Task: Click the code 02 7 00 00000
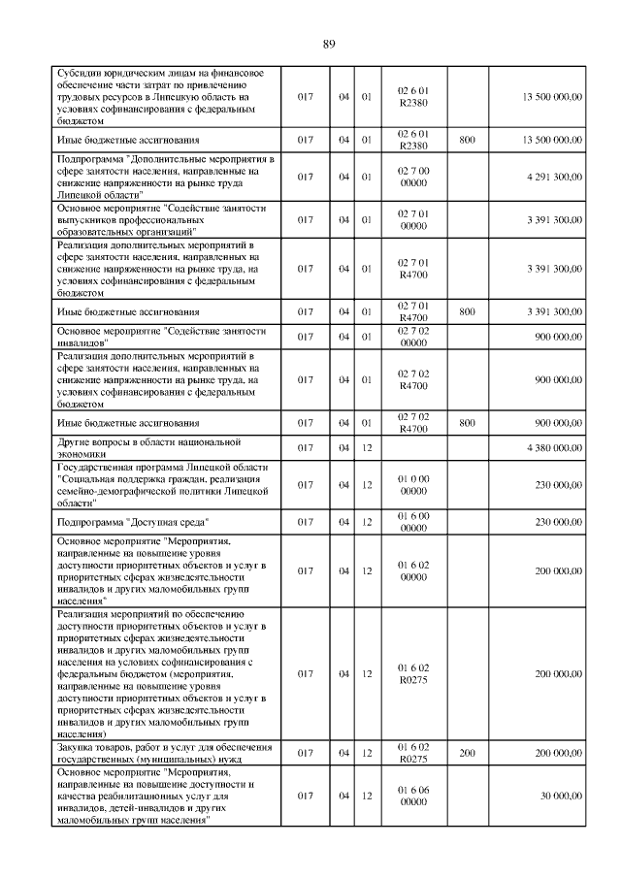pos(413,177)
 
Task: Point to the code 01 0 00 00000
pos(413,484)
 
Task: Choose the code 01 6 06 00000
pos(413,796)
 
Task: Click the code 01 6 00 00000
pos(413,522)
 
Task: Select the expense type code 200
pos(467,752)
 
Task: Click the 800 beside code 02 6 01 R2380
pos(467,140)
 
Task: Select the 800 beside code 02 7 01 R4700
pos(467,311)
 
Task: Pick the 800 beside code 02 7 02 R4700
pos(467,423)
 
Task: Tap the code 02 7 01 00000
pos(413,220)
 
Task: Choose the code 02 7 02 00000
pos(413,336)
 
